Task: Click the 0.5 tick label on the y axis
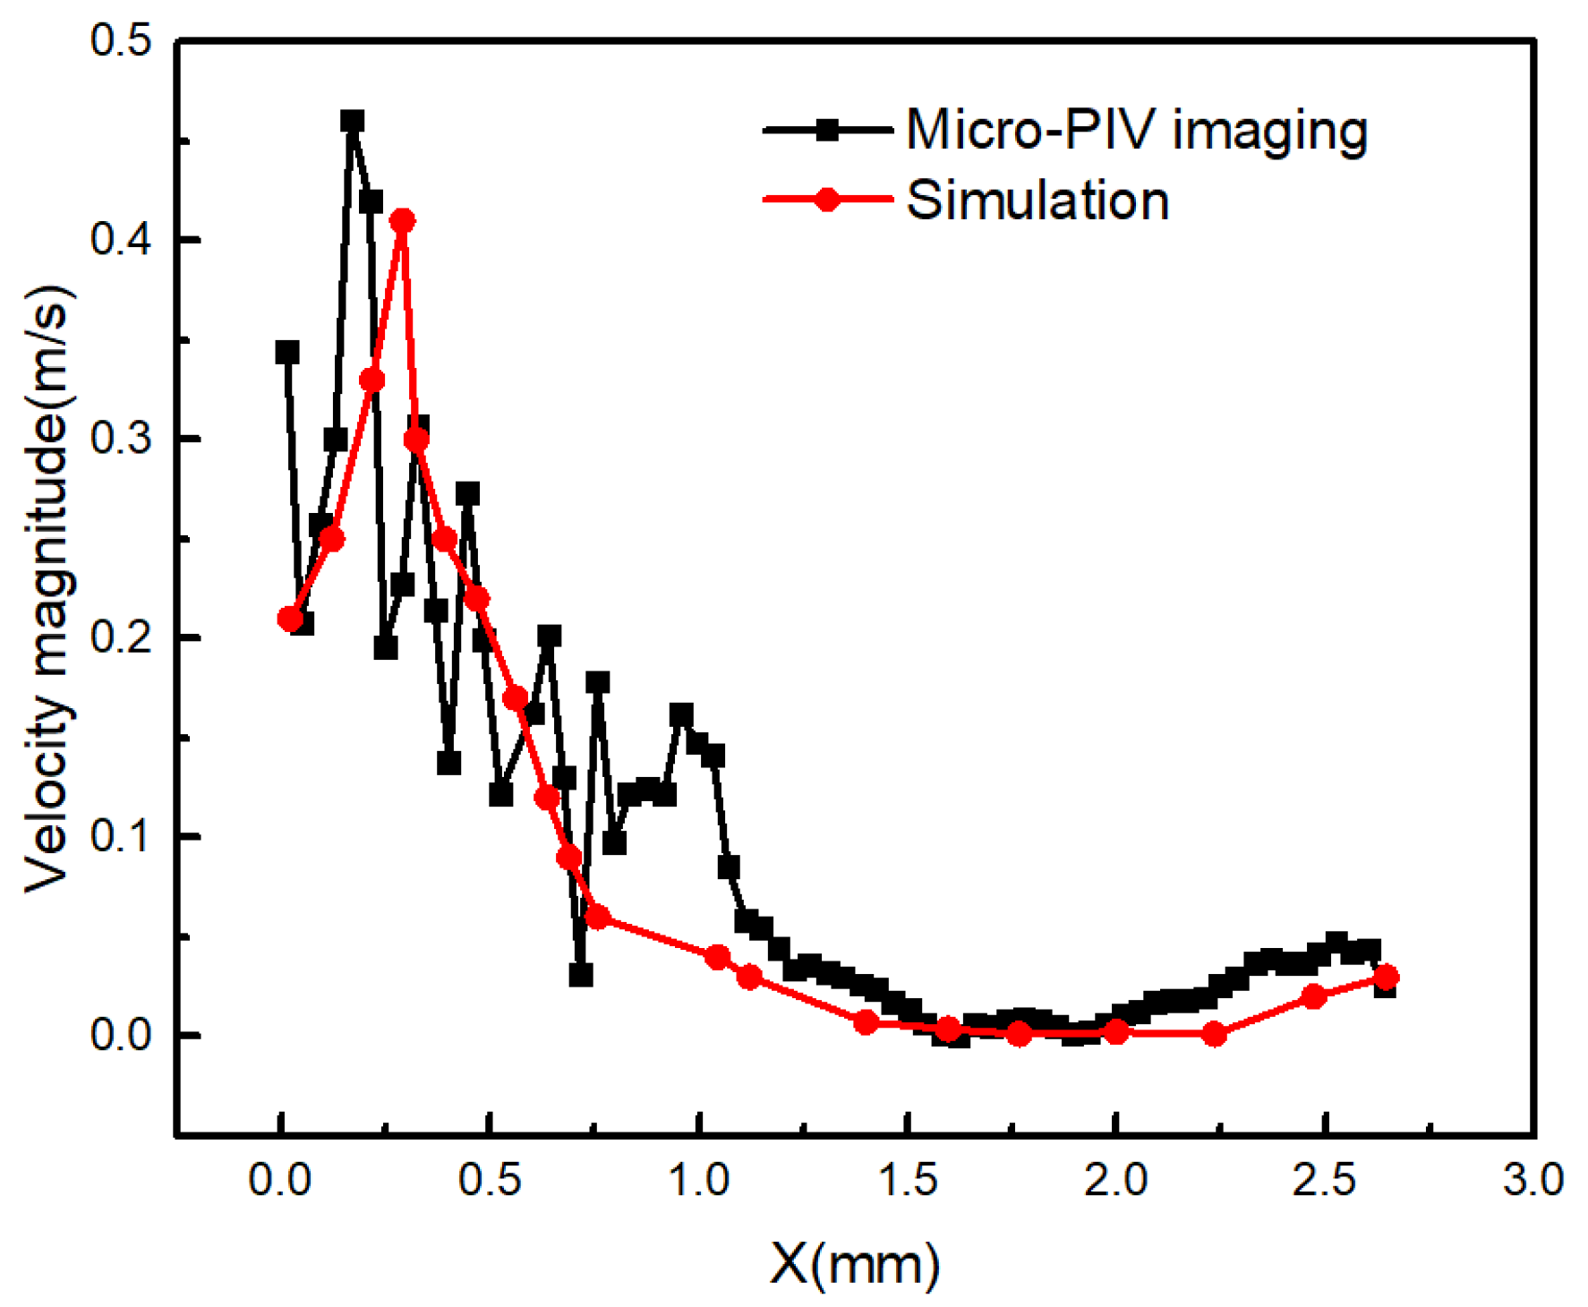pos(121,41)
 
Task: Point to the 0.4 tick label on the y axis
pos(121,240)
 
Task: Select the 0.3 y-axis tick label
pos(121,439)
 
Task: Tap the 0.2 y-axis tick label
pos(121,637)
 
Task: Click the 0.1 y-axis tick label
pos(121,836)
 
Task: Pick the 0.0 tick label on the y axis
pos(121,1035)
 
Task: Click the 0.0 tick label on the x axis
pos(280,1180)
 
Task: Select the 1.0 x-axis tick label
pos(699,1180)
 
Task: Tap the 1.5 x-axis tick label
pos(908,1180)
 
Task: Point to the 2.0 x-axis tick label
pos(1116,1180)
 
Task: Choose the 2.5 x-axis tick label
pos(1325,1180)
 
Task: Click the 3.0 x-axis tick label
pos(1533,1180)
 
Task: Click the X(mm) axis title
pos(855,1263)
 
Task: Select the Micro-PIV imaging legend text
pos(1137,130)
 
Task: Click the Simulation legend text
pos(1037,200)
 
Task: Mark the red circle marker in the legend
pos(828,200)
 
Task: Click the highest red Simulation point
pos(403,220)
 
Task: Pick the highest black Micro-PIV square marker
pos(353,122)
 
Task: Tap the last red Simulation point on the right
pos(1386,977)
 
